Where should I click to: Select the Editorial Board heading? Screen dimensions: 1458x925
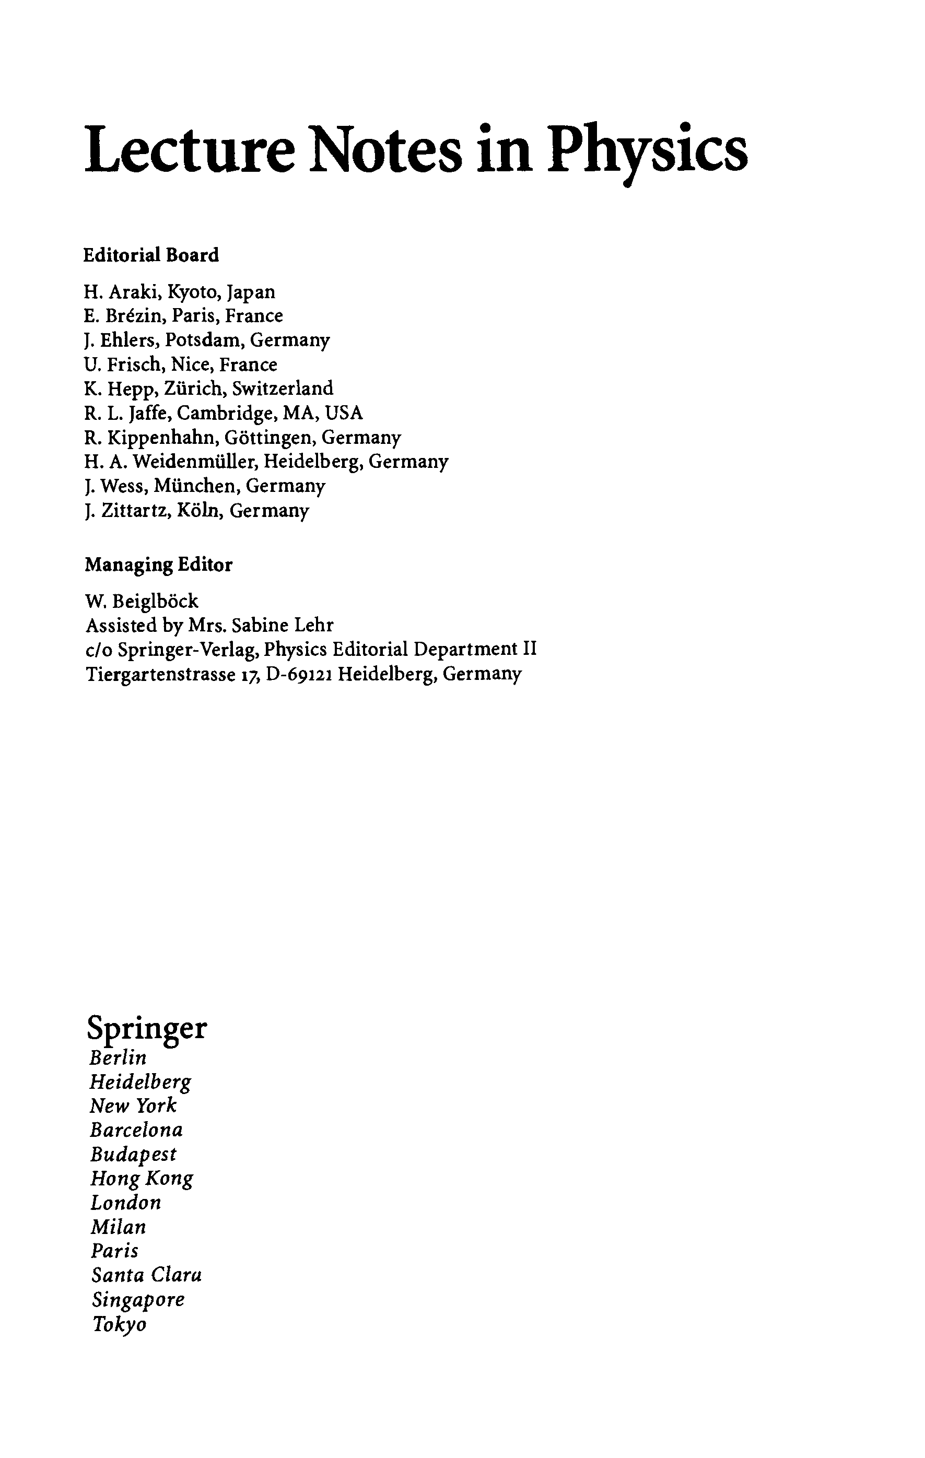tap(151, 255)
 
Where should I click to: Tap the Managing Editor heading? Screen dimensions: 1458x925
tap(158, 565)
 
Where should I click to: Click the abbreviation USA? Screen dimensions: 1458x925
tap(344, 413)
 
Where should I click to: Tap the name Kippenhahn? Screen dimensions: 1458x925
tap(160, 438)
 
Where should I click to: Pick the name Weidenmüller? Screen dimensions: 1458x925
tap(191, 462)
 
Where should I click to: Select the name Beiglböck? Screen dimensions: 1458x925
tap(156, 601)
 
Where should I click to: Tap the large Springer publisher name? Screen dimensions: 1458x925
tap(147, 1028)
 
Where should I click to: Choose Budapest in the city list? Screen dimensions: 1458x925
tap(133, 1154)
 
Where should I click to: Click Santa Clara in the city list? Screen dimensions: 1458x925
tap(146, 1275)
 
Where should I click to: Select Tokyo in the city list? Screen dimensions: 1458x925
tap(119, 1324)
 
